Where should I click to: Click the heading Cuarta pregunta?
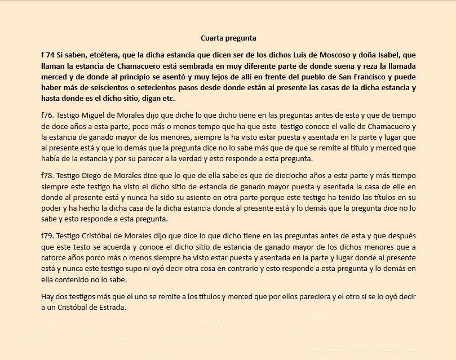point(228,38)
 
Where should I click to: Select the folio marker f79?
point(47,234)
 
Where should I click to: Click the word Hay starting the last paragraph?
point(48,296)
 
